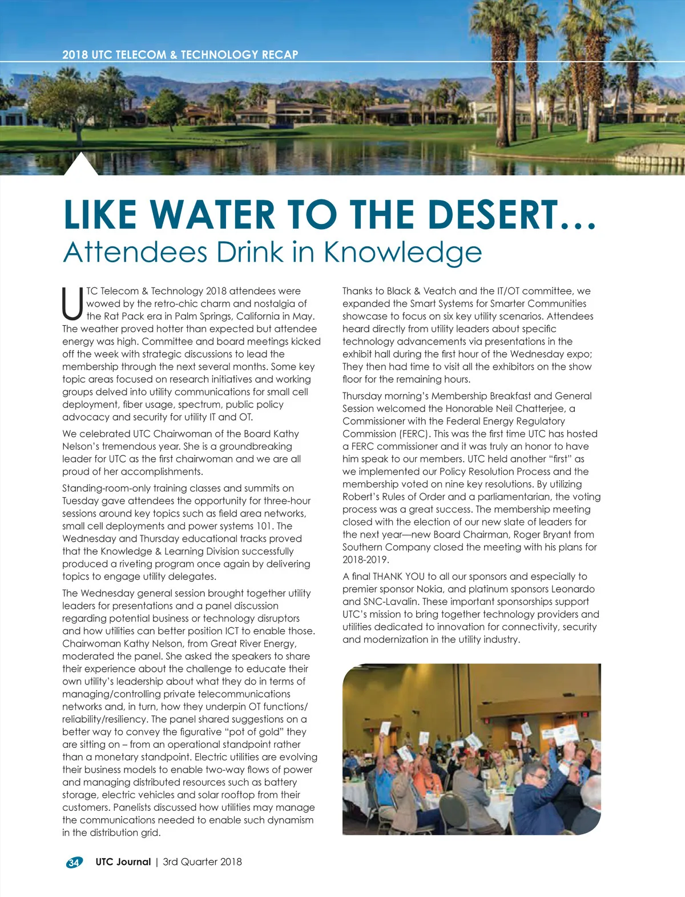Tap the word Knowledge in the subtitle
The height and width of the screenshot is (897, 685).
click(403, 252)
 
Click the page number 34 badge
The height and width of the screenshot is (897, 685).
click(74, 863)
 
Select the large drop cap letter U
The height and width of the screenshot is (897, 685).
click(72, 304)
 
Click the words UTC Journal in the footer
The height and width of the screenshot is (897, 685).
click(123, 862)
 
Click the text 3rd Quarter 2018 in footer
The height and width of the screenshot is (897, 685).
click(202, 862)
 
